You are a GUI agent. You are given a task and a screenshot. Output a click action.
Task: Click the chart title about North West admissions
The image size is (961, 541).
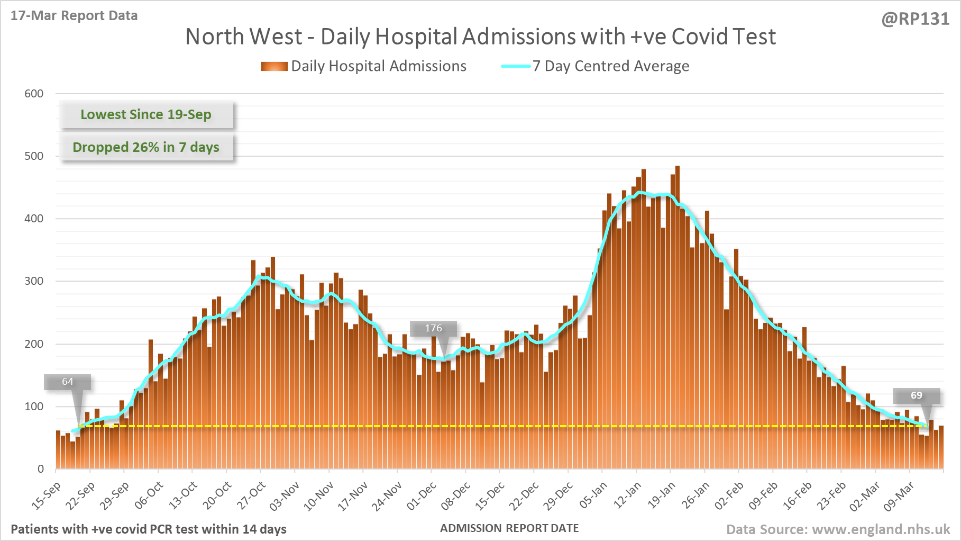(x=480, y=37)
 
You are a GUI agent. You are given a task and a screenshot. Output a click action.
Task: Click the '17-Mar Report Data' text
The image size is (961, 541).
(x=74, y=16)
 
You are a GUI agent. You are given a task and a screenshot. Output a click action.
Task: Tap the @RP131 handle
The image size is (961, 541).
(x=915, y=19)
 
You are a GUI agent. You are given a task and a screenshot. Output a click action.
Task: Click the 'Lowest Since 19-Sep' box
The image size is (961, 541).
(x=146, y=115)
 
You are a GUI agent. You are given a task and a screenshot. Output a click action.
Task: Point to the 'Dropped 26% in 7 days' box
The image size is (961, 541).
(x=146, y=147)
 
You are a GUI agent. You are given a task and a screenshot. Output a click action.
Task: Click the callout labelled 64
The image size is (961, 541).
(x=68, y=382)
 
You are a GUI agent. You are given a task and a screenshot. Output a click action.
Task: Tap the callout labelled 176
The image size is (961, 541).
(x=433, y=328)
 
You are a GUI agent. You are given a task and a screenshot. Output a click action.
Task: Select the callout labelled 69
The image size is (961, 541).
(x=916, y=395)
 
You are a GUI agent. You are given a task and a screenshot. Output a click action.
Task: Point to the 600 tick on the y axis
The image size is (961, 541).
(x=34, y=94)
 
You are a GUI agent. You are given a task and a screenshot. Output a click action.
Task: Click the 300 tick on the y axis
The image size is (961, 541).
(x=34, y=281)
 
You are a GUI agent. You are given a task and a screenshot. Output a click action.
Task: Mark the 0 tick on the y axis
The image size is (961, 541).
(x=41, y=469)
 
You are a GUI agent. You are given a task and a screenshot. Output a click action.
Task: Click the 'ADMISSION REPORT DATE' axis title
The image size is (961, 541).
(x=509, y=528)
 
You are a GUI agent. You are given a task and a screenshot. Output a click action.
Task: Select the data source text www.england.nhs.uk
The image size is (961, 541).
(x=838, y=529)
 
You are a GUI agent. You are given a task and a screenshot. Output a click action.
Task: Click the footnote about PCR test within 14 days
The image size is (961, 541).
(x=149, y=529)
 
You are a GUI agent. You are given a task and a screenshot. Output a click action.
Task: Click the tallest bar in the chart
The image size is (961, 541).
(x=678, y=318)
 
